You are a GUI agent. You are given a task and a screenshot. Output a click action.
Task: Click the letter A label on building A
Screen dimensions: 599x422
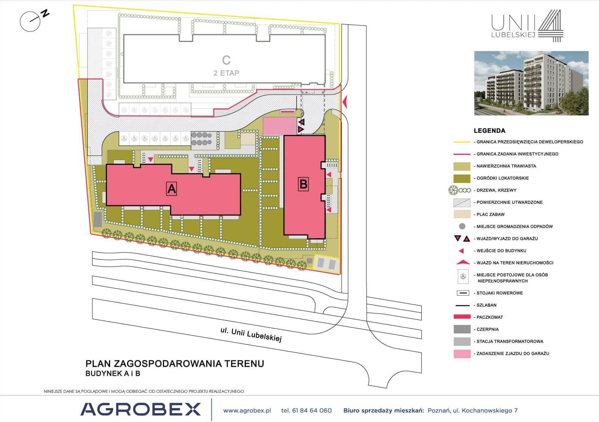pos(171,189)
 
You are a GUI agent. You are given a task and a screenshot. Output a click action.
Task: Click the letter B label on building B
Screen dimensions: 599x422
pos(303,184)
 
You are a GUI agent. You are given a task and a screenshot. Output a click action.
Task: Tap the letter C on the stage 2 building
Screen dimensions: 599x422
pos(226,60)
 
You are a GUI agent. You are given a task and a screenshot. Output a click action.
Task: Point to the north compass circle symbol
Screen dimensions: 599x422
pos(30,22)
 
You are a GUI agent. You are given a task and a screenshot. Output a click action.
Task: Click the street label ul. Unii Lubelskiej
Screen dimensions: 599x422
pos(251,335)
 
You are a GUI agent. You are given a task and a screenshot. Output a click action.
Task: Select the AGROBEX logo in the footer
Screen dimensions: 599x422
pos(141,409)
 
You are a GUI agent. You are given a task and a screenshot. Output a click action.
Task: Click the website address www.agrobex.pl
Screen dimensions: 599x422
pos(247,411)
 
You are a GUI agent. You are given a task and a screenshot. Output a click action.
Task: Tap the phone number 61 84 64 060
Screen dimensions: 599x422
pos(312,410)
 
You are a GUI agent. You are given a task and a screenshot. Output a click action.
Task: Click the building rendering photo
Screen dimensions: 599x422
pos(531,83)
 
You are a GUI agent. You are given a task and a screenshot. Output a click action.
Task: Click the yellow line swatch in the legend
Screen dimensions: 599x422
pos(462,142)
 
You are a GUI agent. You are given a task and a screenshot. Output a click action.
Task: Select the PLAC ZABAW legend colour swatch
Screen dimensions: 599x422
pos(462,214)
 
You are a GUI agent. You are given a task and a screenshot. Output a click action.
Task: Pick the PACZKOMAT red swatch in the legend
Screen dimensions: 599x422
pos(462,317)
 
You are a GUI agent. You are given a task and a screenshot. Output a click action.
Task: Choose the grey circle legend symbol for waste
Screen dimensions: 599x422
pos(462,227)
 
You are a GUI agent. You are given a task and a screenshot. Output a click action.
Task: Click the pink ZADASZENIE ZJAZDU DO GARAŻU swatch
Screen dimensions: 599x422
pos(462,354)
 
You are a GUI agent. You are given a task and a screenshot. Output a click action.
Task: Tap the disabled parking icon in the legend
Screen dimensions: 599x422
pos(463,276)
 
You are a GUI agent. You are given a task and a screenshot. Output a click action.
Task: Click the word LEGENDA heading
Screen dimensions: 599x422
pos(489,131)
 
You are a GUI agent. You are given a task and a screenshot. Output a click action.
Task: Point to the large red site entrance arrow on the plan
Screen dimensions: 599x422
pos(345,102)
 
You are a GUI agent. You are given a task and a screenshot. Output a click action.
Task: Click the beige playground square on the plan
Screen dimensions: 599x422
pos(248,139)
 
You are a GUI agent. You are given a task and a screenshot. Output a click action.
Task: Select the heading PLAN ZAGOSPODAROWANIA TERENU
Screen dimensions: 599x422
pos(175,364)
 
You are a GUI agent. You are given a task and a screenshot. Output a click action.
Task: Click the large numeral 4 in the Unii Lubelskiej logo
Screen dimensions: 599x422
pos(551,26)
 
